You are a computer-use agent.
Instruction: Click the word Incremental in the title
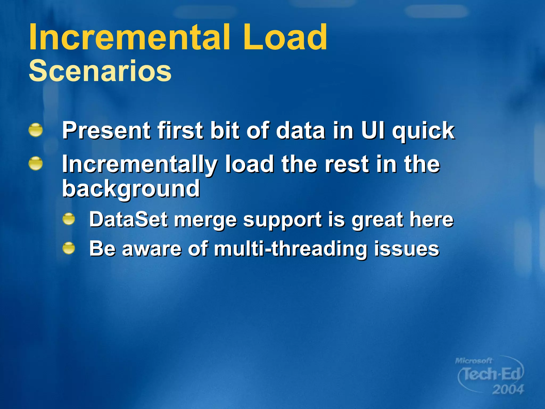129,37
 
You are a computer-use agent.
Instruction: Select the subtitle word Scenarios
100,71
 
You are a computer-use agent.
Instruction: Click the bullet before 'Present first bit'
36,130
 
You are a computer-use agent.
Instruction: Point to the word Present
106,130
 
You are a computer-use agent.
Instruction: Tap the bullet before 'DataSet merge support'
69,219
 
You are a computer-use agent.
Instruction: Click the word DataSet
129,219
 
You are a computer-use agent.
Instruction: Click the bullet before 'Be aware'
69,248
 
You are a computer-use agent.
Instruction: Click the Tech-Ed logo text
491,374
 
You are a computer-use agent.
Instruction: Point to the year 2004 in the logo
508,390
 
